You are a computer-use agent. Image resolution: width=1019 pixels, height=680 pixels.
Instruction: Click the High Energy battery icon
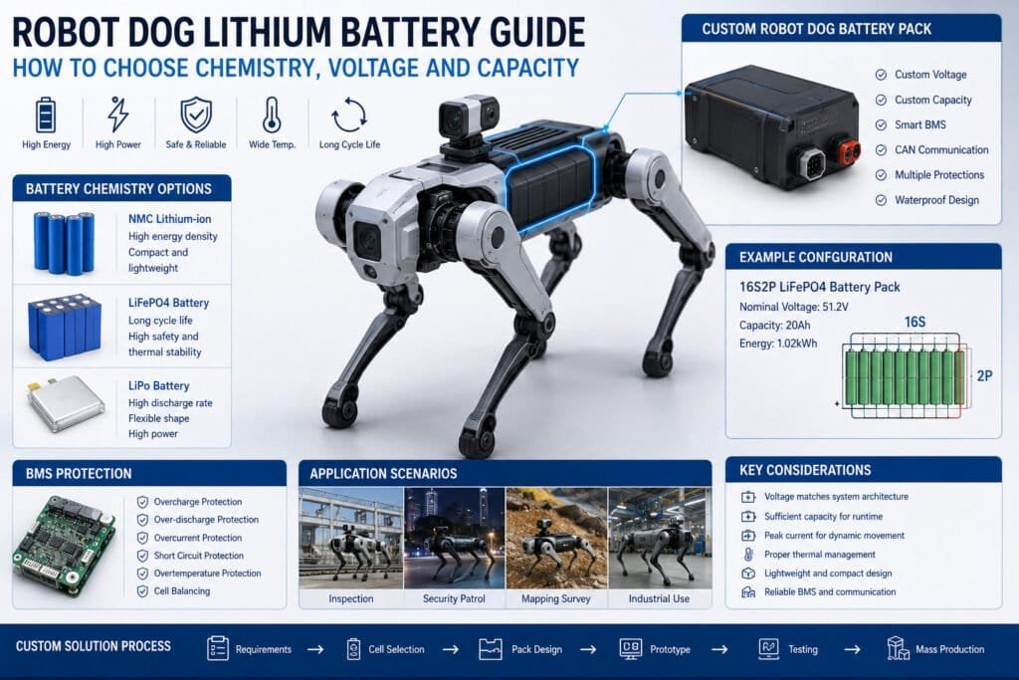(x=46, y=115)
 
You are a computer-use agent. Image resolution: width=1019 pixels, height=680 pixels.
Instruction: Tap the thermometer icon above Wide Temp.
(x=272, y=115)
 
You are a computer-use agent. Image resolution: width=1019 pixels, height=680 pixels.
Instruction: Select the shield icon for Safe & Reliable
(x=196, y=115)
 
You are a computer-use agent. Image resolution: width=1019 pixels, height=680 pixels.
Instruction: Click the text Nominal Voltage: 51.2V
(x=793, y=307)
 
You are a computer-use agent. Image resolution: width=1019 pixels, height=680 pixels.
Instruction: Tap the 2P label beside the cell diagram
(x=984, y=375)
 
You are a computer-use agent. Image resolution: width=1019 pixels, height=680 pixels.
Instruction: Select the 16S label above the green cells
(x=915, y=322)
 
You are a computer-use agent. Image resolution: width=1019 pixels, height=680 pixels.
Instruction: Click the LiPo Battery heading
(x=158, y=385)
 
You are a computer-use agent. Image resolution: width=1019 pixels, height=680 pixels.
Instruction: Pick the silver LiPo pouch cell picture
(x=66, y=402)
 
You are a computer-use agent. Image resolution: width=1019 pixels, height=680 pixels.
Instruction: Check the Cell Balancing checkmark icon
(x=142, y=591)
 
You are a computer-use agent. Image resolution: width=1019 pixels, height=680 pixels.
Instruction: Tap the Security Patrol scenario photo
(x=454, y=539)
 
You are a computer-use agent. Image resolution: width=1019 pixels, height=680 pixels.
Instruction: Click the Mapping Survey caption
(x=555, y=598)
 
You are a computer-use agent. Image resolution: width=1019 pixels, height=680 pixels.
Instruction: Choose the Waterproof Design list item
(x=927, y=200)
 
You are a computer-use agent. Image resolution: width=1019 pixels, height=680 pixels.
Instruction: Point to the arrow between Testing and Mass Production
(x=852, y=649)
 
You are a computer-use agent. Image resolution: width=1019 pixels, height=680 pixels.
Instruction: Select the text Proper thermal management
(x=820, y=555)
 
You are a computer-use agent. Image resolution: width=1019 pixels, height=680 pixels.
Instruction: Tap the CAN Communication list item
(x=931, y=150)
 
